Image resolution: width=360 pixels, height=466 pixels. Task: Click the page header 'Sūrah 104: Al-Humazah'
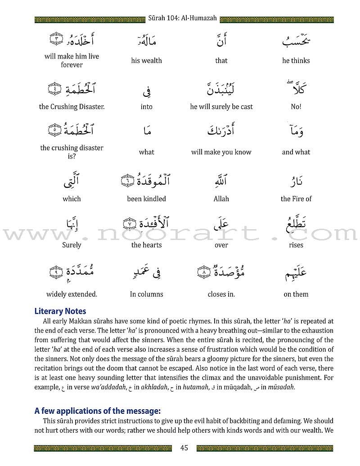182,18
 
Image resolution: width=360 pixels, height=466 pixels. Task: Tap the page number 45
184,448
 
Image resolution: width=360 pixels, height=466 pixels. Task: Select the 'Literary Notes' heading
60,311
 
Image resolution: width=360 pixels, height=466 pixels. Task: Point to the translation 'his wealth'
146,60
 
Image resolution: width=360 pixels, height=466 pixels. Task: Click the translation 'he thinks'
296,60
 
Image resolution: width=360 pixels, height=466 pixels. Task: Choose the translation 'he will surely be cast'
221,107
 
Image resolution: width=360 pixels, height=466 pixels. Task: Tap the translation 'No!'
296,107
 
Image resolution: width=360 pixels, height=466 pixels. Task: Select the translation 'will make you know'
221,152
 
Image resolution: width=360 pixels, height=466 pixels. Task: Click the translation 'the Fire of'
296,199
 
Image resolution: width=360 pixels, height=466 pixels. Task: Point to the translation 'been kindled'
146,199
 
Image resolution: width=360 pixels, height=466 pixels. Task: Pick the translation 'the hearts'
146,245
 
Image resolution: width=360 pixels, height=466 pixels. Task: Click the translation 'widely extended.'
72,294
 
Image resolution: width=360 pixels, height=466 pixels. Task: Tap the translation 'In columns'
146,294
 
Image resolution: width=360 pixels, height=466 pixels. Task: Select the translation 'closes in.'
221,294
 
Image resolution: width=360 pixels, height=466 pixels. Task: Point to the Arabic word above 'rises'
296,224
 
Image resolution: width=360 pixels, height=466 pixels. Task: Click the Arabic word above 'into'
147,89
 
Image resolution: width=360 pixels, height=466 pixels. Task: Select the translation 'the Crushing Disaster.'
72,107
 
